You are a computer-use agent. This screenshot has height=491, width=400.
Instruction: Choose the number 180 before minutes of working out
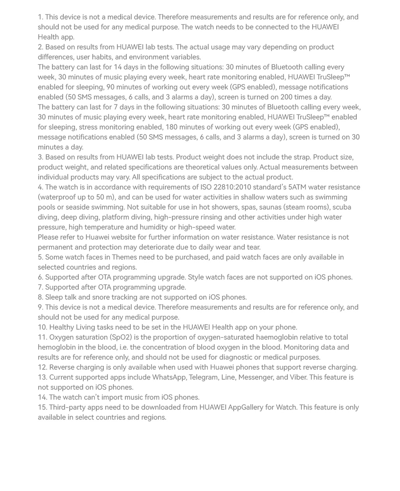pyautogui.click(x=172, y=127)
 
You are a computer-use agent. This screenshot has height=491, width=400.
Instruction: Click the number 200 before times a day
pyautogui.click(x=288, y=97)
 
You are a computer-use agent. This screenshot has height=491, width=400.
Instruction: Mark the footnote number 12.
pyautogui.click(x=42, y=367)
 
